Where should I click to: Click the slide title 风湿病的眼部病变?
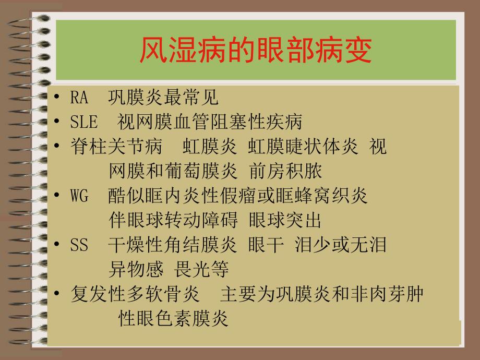[x=256, y=51]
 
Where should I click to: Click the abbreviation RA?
[x=79, y=98]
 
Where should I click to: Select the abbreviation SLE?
[x=84, y=122]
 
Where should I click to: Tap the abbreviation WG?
[x=79, y=196]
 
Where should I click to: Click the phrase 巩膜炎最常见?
[x=163, y=98]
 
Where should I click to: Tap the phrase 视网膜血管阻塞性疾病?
[x=210, y=122]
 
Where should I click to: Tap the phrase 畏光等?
[x=208, y=270]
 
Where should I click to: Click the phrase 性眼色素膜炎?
[x=173, y=319]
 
